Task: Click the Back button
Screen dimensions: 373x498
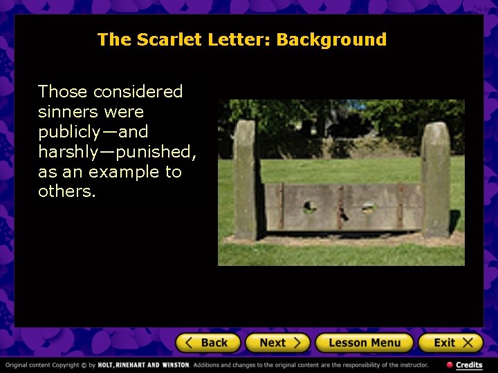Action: point(207,343)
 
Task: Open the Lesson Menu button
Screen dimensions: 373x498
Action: point(364,343)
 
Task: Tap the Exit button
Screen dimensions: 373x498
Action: point(450,343)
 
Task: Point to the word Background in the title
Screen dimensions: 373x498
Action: point(331,39)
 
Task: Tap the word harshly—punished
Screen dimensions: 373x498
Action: point(117,151)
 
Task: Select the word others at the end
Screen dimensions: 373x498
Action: point(66,191)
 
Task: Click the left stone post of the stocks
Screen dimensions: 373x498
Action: point(245,180)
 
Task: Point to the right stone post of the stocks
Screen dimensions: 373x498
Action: point(436,180)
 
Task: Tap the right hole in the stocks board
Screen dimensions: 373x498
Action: point(368,206)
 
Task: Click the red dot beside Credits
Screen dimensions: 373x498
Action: point(450,365)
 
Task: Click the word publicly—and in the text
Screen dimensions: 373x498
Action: point(93,131)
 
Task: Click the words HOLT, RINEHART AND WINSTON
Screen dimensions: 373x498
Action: point(143,365)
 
